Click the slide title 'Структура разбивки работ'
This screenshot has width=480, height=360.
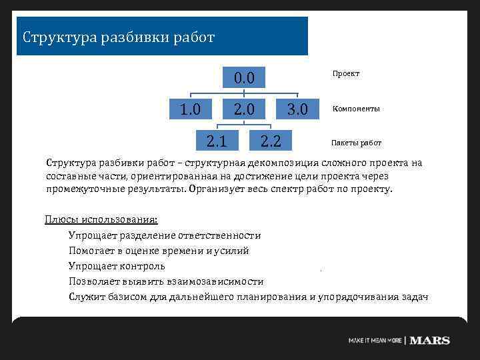[x=119, y=37]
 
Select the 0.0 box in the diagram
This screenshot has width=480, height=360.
[x=244, y=78]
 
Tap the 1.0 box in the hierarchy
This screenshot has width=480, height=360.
[x=191, y=109]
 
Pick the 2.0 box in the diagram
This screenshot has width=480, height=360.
[x=244, y=109]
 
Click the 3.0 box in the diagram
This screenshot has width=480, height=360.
[x=297, y=109]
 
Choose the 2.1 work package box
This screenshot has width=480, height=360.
[x=217, y=140]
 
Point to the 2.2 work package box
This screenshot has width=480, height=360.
[x=271, y=140]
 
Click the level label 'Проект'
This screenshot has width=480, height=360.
[x=346, y=74]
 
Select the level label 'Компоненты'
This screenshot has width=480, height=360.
[x=356, y=109]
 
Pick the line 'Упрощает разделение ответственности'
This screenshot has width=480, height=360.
[x=164, y=235]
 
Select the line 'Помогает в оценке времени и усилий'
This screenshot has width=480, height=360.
[x=158, y=251]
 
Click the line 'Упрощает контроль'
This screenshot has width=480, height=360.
[x=117, y=266]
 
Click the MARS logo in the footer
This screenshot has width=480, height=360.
[x=429, y=340]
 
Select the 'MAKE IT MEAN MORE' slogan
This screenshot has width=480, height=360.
[x=375, y=341]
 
